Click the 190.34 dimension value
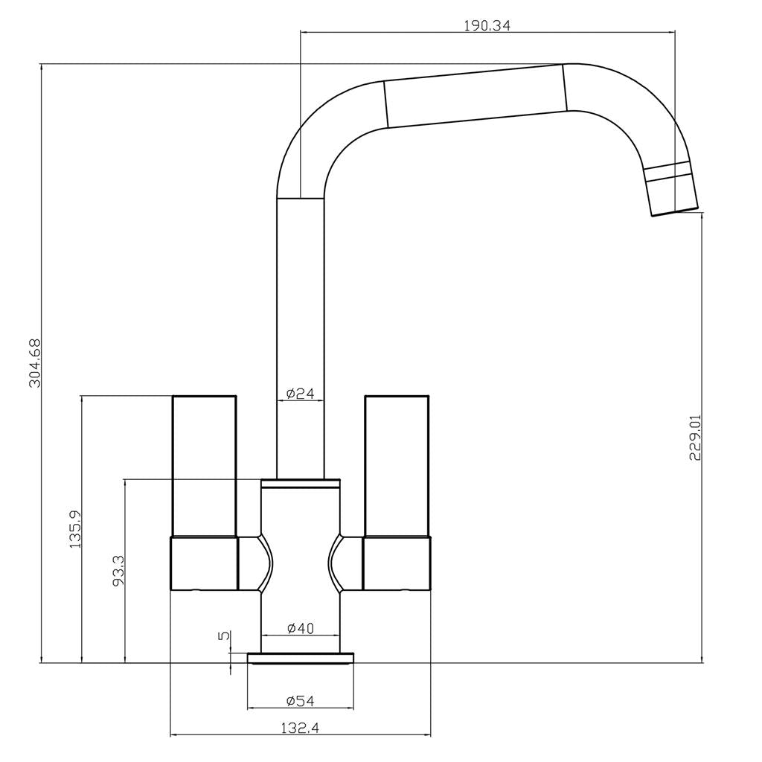pyautogui.click(x=487, y=25)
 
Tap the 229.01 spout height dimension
pyautogui.click(x=696, y=438)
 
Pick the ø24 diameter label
pyautogui.click(x=300, y=393)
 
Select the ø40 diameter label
pyautogui.click(x=300, y=629)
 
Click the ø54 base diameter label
pyautogui.click(x=300, y=701)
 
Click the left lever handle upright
pyautogui.click(x=204, y=465)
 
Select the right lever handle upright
pyautogui.click(x=397, y=465)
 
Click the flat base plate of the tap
pyautogui.click(x=300, y=657)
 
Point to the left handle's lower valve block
pyautogui.click(x=204, y=563)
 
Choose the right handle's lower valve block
pyautogui.click(x=397, y=563)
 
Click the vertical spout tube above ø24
pyautogui.click(x=300, y=298)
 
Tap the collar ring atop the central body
pyautogui.click(x=300, y=484)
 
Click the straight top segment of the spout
pyautogui.click(x=476, y=97)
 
